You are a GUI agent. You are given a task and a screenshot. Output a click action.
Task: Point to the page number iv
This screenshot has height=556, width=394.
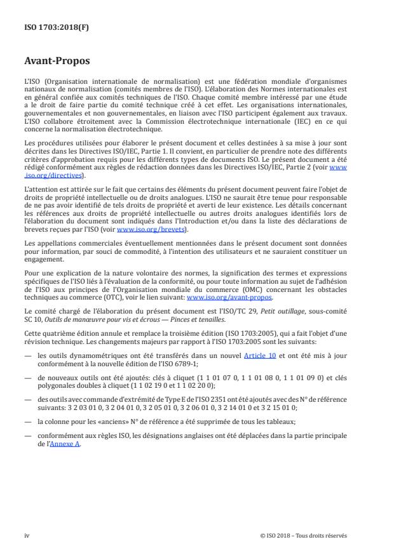26,536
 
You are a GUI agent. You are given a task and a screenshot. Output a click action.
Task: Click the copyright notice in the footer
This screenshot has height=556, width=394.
304,536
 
